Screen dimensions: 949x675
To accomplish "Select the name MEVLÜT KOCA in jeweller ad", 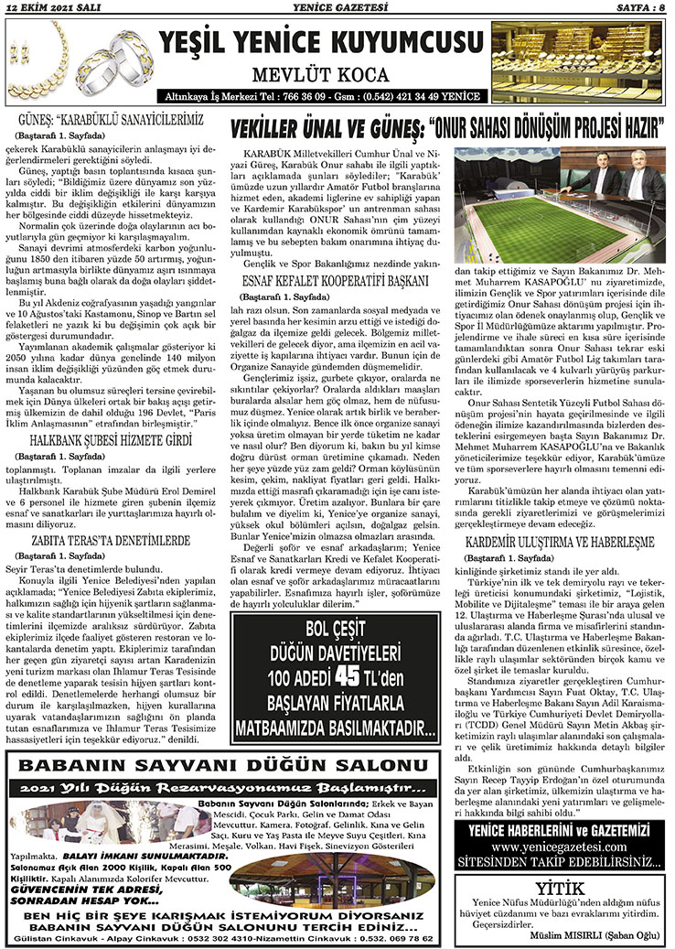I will (x=321, y=72).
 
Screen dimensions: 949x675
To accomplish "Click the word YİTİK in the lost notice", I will (x=560, y=887).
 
